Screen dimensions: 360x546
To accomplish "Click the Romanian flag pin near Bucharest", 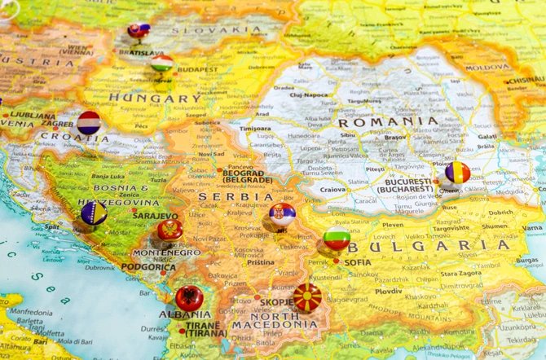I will (x=458, y=172).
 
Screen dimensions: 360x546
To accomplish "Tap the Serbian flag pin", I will (x=283, y=214).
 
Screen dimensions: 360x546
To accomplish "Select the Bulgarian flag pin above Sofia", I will (x=337, y=239).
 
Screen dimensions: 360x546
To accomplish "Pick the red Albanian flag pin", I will (x=190, y=298).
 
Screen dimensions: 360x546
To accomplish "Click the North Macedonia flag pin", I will (x=307, y=297).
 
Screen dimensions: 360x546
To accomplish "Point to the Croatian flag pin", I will (x=88, y=123).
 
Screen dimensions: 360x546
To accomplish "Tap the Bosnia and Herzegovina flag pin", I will (x=94, y=213).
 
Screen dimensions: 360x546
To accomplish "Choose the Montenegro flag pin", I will (x=170, y=230).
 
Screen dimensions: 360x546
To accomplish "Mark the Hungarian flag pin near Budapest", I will (x=162, y=64).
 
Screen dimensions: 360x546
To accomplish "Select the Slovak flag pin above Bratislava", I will (x=139, y=32).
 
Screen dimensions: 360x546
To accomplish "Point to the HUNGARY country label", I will (x=153, y=99).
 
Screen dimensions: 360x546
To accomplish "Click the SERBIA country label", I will (x=236, y=197).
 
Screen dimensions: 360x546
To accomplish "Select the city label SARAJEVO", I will (x=155, y=217).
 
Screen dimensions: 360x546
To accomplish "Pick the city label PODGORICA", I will (x=149, y=266).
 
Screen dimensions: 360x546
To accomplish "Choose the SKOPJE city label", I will (x=277, y=302).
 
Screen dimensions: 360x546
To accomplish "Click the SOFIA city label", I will (x=358, y=262).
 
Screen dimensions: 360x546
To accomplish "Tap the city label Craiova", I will (x=332, y=189).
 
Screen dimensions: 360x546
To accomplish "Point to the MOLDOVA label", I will (x=488, y=68).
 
